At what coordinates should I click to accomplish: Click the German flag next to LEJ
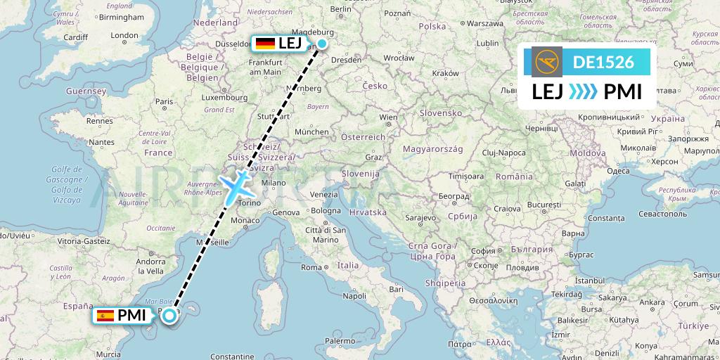[x=265, y=44]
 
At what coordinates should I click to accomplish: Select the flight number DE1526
[x=603, y=62]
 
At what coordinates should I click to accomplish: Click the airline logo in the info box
[x=548, y=62]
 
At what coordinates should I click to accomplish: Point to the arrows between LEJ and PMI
[x=583, y=91]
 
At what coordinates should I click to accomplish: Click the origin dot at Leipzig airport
[x=321, y=44]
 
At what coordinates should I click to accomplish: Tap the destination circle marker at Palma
[x=169, y=316]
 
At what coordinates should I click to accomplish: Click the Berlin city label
[x=340, y=9]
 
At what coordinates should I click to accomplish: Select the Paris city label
[x=164, y=102]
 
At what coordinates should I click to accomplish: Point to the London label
[x=124, y=36]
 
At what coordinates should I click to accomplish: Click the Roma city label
[x=311, y=267]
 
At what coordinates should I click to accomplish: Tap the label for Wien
[x=388, y=117]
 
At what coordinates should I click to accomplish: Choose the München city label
[x=312, y=131]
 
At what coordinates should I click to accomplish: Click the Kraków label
[x=445, y=73]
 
